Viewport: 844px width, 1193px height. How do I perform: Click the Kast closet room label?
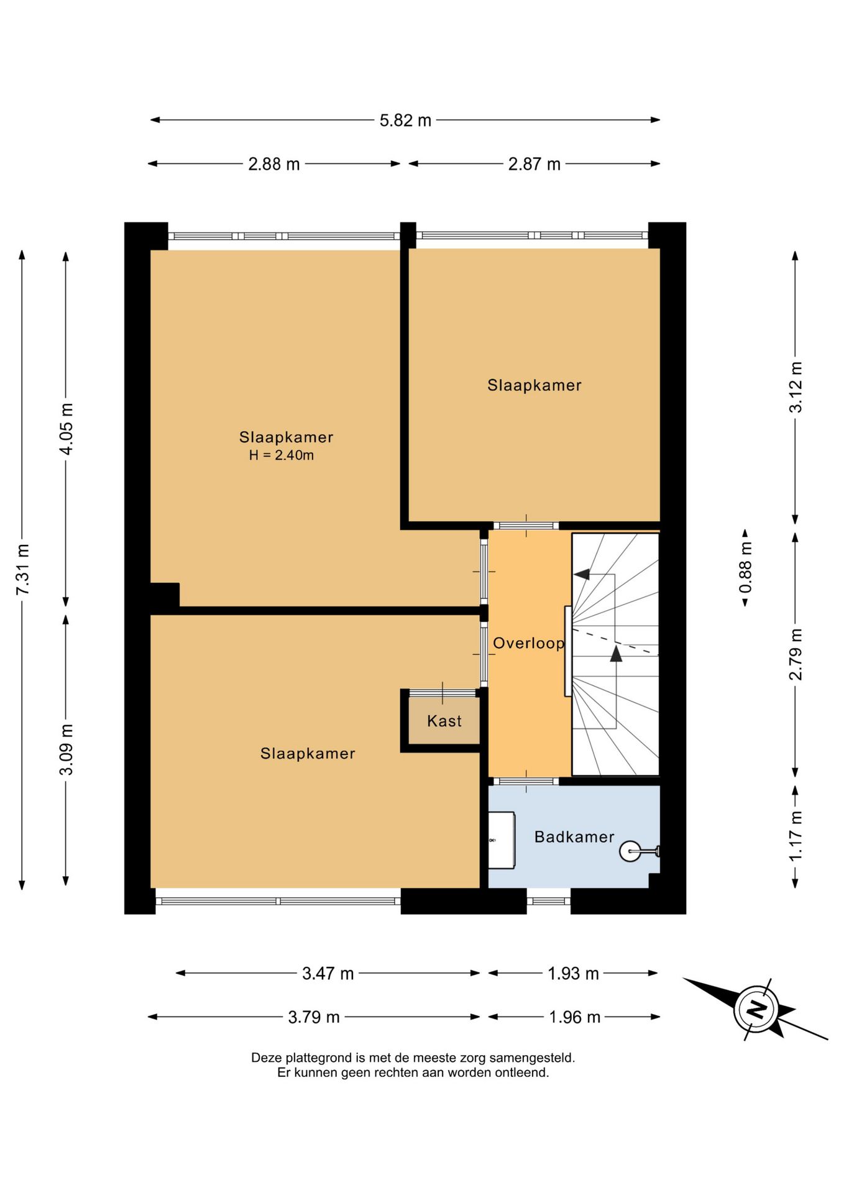click(x=444, y=721)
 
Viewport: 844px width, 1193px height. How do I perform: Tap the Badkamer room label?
click(x=574, y=837)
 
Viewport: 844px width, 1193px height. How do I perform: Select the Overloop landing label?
click(x=528, y=643)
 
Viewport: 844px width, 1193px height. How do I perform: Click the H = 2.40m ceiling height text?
click(x=282, y=455)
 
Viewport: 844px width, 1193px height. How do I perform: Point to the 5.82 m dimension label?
click(x=405, y=120)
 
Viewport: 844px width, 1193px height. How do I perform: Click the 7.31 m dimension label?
click(x=22, y=569)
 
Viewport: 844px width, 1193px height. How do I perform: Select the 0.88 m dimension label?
click(x=745, y=567)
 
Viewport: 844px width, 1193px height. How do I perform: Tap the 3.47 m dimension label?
click(x=328, y=973)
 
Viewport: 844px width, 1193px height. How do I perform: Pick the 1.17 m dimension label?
click(x=796, y=836)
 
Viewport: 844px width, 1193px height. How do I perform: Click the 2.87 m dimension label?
click(x=534, y=164)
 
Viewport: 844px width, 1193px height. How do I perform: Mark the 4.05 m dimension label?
click(x=67, y=429)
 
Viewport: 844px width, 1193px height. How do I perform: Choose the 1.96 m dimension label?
click(x=574, y=1017)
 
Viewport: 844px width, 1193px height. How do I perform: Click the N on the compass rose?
click(x=756, y=1008)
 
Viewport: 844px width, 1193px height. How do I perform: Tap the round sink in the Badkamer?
click(x=630, y=851)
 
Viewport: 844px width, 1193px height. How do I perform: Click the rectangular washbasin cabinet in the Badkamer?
click(x=502, y=840)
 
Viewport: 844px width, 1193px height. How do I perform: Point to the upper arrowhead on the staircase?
click(x=581, y=574)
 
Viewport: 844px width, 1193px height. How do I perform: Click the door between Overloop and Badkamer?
click(x=526, y=781)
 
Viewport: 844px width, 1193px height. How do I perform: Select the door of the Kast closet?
click(x=443, y=692)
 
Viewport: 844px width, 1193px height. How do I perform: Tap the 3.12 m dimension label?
click(x=796, y=387)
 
